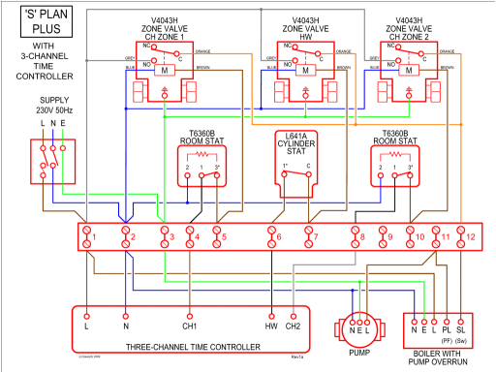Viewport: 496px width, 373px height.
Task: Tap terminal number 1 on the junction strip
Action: click(x=88, y=235)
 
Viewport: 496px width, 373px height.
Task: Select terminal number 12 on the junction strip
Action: click(x=468, y=235)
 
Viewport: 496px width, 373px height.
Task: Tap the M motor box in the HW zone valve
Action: click(x=305, y=71)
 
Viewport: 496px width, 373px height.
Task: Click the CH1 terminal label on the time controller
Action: click(x=190, y=326)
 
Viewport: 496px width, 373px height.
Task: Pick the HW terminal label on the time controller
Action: click(x=272, y=326)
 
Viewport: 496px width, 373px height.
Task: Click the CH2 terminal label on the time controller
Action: click(x=294, y=326)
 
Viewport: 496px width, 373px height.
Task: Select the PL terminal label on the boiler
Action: click(x=446, y=329)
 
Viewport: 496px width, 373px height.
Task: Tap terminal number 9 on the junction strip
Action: click(x=384, y=235)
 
